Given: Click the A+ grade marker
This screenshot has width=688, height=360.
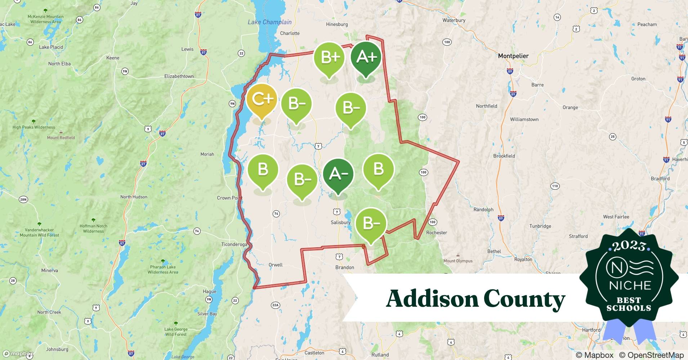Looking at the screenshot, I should (x=366, y=58).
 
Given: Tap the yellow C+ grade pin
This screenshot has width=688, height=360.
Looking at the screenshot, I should (x=262, y=99).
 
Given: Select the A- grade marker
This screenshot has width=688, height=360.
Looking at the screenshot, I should (x=338, y=174).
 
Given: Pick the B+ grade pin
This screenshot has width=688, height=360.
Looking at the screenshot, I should (x=329, y=58).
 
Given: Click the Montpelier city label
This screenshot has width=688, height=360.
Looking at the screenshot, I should (x=513, y=56).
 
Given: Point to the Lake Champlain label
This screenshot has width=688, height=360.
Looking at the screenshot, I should (x=269, y=22).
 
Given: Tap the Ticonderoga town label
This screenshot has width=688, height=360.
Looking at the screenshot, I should (x=234, y=244).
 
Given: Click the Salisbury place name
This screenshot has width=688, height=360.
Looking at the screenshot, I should (x=340, y=222).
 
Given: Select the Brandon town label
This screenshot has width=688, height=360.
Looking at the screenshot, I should (x=344, y=267).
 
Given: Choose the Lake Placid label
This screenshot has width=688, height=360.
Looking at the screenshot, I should (x=51, y=47).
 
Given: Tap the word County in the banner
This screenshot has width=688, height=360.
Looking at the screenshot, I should (x=524, y=299).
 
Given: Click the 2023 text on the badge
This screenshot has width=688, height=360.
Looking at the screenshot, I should (x=629, y=246).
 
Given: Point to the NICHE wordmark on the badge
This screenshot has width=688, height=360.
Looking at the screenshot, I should (x=630, y=285).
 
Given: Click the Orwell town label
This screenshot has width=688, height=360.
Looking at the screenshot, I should (x=276, y=265).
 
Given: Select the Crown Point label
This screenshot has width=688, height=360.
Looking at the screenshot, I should (x=229, y=198).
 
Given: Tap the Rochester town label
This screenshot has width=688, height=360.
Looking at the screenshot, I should (x=437, y=233).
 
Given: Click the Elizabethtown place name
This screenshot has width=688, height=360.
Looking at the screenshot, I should (x=179, y=76).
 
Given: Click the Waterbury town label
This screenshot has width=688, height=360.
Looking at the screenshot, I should (x=454, y=21).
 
